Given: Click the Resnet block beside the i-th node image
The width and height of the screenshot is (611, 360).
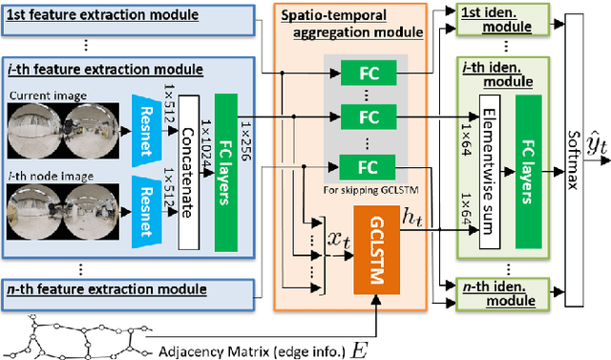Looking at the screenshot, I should click(x=138, y=209).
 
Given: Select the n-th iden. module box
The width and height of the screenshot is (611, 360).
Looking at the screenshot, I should click(x=486, y=296).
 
